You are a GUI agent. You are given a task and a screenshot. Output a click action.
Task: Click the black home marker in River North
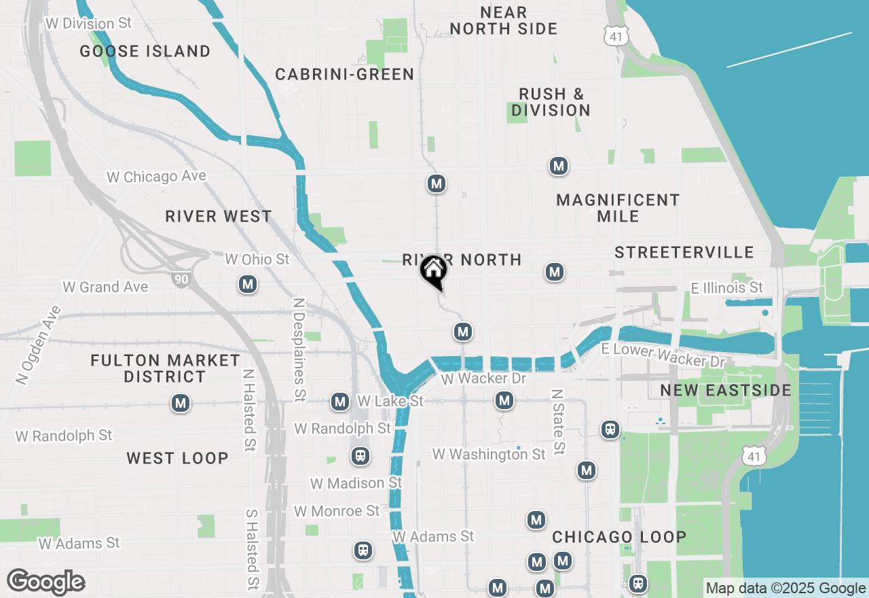point(433,270)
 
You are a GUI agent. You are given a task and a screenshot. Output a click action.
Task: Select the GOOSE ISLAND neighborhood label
point(145,51)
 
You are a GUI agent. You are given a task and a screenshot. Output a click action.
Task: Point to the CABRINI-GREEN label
point(345,74)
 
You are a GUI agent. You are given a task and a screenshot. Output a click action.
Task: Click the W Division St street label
point(89,23)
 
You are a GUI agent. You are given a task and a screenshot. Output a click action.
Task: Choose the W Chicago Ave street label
point(156,177)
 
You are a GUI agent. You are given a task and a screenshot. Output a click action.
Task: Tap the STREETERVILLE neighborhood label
point(684,252)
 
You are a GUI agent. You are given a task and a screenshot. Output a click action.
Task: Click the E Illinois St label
point(727,287)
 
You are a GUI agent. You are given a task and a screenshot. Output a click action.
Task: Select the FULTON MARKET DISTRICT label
point(165,368)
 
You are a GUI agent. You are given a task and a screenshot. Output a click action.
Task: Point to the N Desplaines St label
point(299,349)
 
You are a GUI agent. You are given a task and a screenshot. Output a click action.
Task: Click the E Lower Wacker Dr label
point(663,355)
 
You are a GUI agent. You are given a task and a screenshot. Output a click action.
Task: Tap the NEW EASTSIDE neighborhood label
point(726,391)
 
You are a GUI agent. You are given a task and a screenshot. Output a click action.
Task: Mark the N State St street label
point(558,421)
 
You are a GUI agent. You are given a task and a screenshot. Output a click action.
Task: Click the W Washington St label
point(489,454)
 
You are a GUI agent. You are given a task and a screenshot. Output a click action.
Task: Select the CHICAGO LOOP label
point(619,537)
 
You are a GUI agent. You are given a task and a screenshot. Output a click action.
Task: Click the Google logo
point(45,582)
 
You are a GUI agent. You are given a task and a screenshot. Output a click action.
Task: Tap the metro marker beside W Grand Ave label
point(248,285)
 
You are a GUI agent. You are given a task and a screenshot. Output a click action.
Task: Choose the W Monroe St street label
point(337,510)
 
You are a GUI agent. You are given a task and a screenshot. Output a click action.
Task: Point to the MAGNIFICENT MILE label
point(618,208)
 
